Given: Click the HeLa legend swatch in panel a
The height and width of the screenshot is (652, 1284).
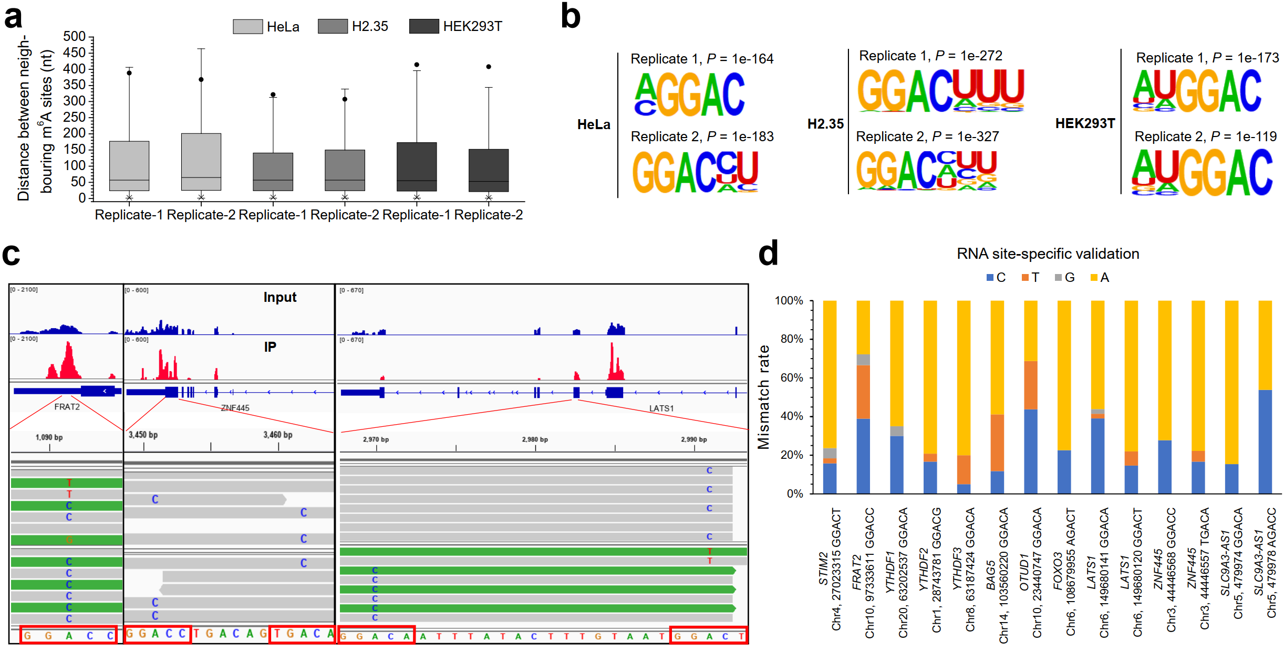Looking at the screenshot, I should [x=247, y=26].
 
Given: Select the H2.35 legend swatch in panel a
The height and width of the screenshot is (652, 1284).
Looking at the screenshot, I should [x=333, y=26].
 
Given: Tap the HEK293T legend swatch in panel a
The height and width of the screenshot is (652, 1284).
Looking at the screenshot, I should [x=424, y=26].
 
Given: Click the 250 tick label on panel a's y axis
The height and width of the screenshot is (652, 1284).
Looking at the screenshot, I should [x=74, y=117].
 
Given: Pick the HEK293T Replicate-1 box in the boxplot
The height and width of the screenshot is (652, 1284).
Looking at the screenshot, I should [x=417, y=166].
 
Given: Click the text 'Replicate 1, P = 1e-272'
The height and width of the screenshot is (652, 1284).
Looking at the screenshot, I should [x=930, y=56].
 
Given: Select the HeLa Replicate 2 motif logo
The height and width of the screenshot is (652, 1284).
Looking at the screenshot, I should [x=695, y=172].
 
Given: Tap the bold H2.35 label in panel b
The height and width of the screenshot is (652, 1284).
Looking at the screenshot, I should [x=825, y=124].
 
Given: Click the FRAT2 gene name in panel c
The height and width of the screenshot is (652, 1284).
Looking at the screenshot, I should [x=67, y=407].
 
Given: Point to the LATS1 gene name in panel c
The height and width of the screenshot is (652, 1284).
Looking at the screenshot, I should [x=661, y=408].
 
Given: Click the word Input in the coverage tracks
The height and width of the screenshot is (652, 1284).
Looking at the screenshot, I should [x=279, y=298].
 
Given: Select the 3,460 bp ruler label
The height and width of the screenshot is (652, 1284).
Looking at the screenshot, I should [x=277, y=435].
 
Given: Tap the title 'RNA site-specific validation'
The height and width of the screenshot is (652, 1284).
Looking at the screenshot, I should [x=1048, y=254].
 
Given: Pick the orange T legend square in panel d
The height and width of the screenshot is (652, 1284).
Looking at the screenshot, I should [x=1025, y=277].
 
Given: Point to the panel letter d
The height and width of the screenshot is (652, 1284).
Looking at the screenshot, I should [x=768, y=254].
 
